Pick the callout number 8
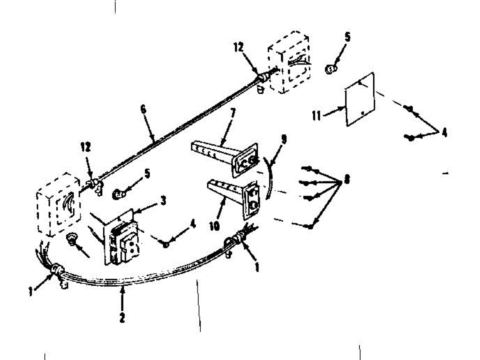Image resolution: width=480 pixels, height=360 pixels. tap(346, 180)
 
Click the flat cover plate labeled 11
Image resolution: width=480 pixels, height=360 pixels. tap(360, 100)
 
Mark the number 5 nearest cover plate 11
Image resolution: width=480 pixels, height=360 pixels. tap(347, 38)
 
